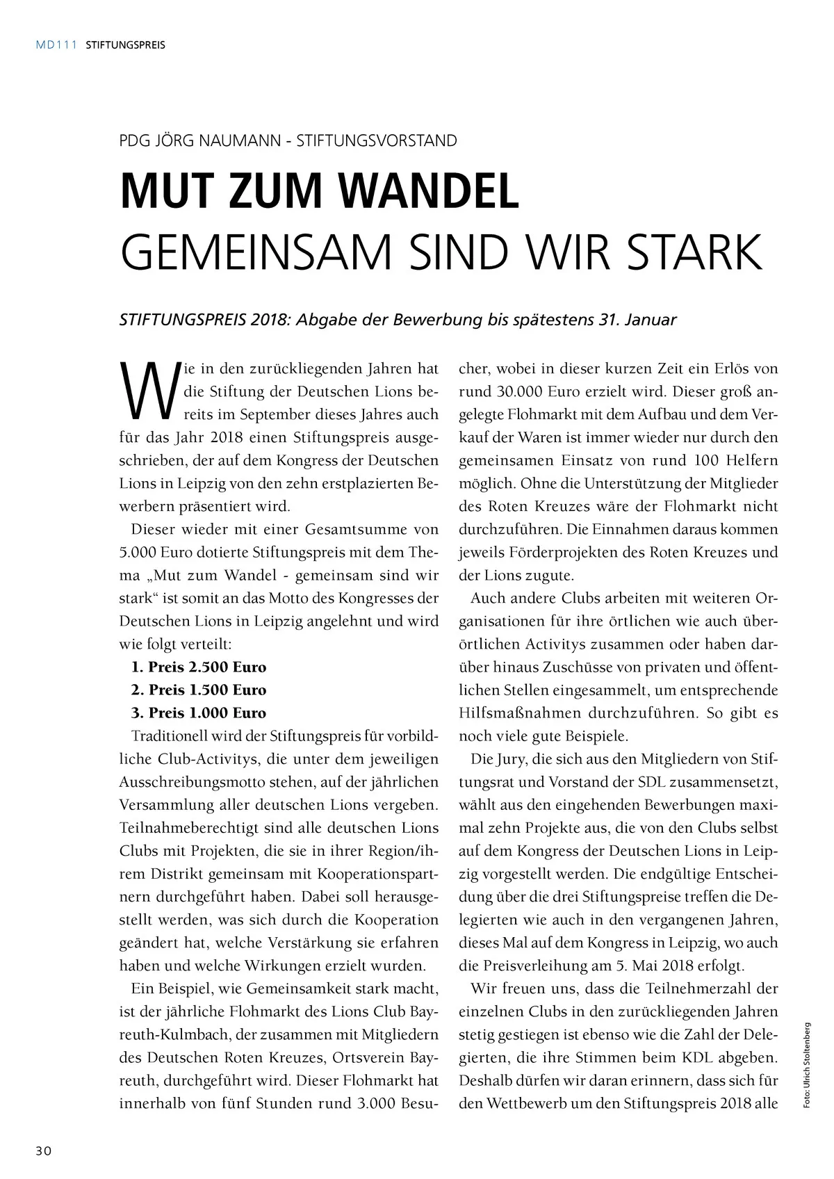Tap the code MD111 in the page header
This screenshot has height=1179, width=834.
tap(56, 46)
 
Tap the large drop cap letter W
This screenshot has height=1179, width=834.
tap(145, 391)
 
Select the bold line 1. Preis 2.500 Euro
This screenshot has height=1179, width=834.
tap(198, 667)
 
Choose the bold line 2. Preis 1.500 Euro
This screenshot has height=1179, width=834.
tap(198, 690)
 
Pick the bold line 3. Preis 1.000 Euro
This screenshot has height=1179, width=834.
tap(198, 713)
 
